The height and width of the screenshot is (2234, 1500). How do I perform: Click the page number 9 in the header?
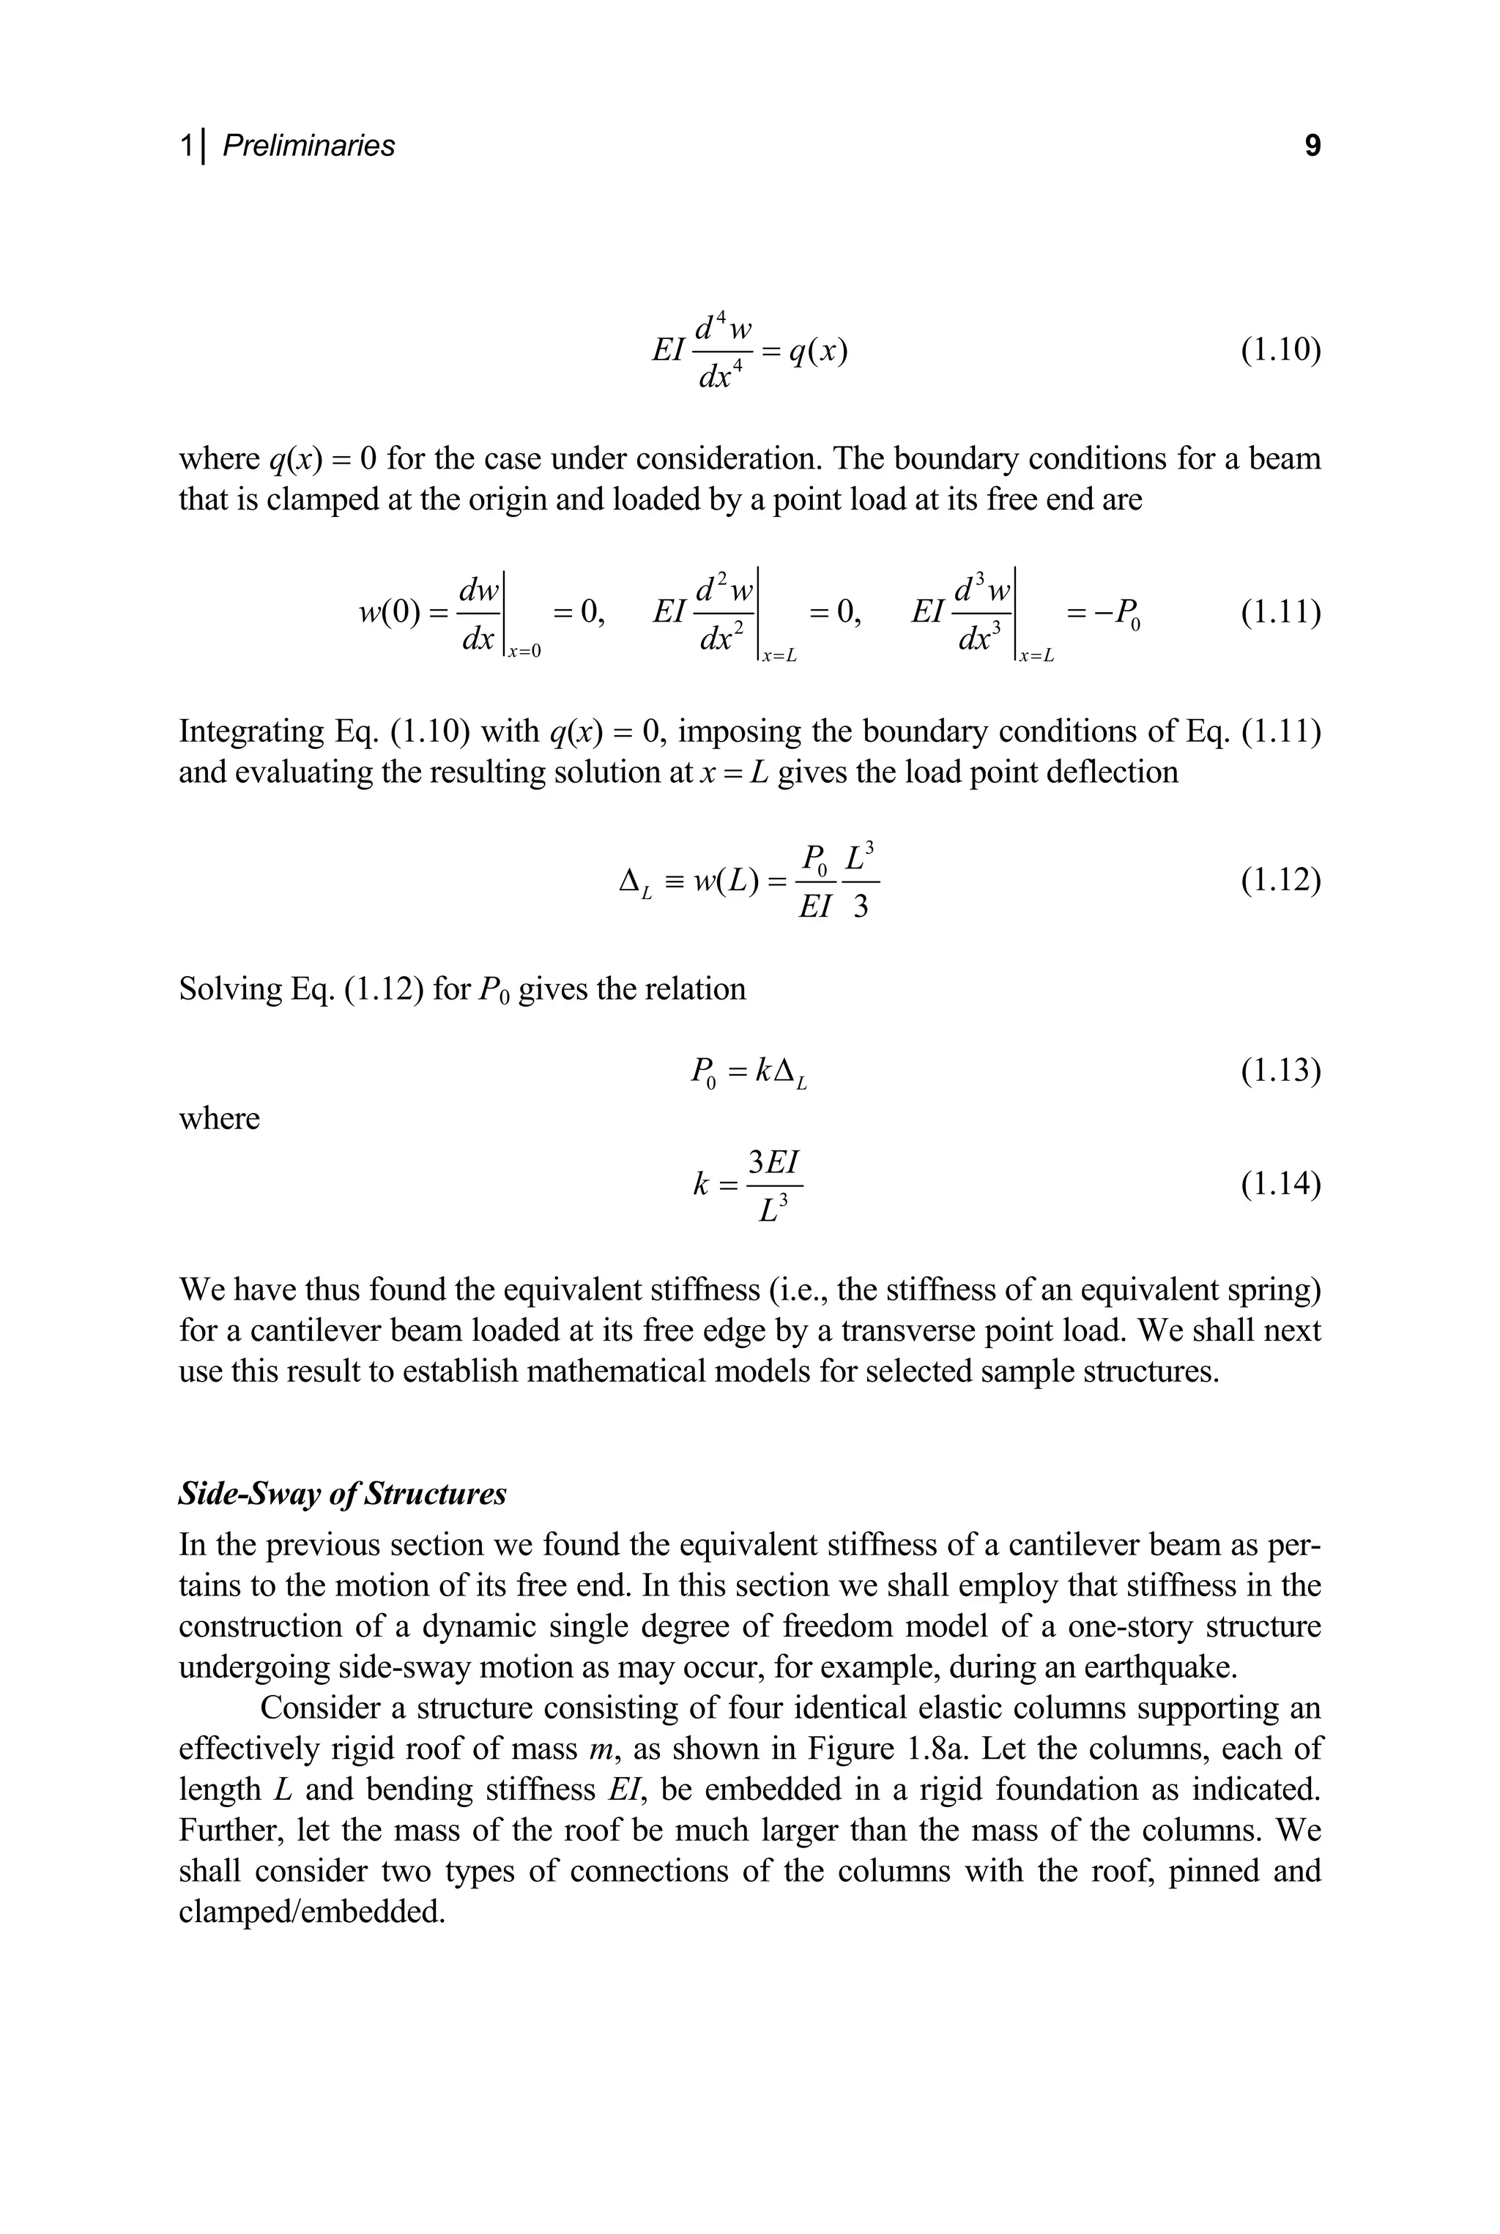(1312, 146)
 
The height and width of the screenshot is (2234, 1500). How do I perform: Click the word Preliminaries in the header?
(308, 146)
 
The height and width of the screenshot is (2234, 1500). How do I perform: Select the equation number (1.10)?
(1280, 351)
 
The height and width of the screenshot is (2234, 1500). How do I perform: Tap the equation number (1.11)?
(1280, 611)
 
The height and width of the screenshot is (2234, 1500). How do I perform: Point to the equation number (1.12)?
(1280, 879)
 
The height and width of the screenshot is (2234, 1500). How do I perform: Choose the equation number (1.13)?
(1280, 1071)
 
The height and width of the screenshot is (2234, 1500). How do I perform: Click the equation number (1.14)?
(1280, 1184)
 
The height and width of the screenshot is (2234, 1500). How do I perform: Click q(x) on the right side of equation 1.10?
(819, 352)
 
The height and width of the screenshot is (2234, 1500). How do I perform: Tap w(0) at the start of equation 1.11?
(390, 612)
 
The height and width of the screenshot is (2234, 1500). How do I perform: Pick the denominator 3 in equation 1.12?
(860, 906)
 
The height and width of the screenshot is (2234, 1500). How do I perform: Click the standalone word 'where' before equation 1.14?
(219, 1118)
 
